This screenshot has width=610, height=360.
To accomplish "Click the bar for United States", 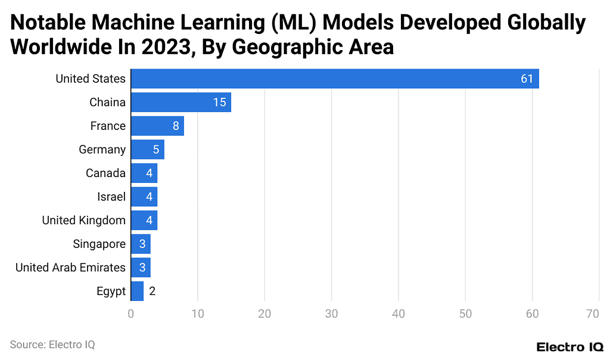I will click(334, 79).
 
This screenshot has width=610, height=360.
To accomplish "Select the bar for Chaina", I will click(180, 103).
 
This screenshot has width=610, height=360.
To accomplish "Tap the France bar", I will click(157, 126).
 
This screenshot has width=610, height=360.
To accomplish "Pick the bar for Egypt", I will click(137, 291).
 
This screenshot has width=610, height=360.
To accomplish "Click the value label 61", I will click(527, 79).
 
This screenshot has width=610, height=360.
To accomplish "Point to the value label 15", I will click(219, 103).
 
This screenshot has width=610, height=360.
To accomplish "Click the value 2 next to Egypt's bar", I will click(152, 291).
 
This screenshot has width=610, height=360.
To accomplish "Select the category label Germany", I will click(102, 150).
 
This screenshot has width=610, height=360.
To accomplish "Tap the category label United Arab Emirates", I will click(70, 268).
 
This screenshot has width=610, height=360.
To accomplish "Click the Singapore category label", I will click(99, 244).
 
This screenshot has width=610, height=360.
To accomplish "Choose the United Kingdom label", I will click(83, 221).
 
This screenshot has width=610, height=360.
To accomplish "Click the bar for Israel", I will click(144, 197).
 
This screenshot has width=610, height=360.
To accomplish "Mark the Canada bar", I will click(144, 173).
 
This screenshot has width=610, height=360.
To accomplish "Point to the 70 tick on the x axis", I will click(592, 314).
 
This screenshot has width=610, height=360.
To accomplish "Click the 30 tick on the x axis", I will click(332, 314).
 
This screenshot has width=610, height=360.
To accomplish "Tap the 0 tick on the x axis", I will click(131, 314).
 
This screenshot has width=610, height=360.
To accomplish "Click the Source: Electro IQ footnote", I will click(52, 345).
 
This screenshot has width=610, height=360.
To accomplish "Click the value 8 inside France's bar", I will click(176, 126).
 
